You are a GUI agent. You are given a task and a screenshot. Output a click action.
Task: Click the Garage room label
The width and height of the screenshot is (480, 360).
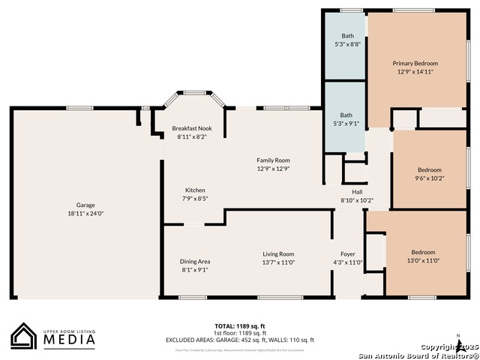coord(85,205)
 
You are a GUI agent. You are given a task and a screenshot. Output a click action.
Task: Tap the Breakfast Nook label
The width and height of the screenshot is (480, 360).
coord(192,128)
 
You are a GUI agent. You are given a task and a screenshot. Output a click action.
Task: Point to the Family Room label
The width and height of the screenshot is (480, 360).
coord(273,160)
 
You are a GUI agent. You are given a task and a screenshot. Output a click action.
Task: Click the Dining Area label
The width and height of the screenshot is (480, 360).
coord(194,261)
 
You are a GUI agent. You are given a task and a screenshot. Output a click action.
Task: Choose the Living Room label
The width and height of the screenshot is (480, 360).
coord(278,253)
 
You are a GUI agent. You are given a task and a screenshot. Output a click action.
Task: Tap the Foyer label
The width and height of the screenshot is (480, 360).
coord(347,253)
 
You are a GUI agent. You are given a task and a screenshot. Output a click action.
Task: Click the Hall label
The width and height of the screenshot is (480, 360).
coord(357,192)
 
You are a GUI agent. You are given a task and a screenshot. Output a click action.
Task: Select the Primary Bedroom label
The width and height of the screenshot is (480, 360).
coord(415,64)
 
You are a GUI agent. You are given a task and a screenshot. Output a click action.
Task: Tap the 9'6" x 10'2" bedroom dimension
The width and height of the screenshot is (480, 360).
coord(430,178)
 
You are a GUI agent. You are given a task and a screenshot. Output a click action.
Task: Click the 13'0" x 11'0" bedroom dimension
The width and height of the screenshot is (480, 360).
coord(423,260)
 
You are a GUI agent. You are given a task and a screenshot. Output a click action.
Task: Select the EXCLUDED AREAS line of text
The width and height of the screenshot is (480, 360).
coord(240,340)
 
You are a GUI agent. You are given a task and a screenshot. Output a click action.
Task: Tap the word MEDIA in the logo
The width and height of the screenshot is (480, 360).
coord(68,339)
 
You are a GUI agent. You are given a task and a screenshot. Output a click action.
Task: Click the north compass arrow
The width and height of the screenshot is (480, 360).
coord(458,343)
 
